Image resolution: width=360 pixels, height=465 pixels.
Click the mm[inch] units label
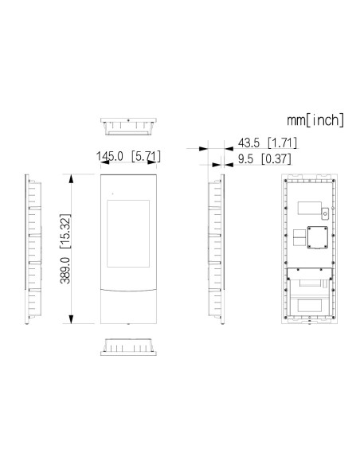tap(315, 120)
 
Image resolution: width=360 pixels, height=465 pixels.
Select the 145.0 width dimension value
tap(109, 156)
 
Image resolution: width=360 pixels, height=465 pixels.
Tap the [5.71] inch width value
tap(146, 156)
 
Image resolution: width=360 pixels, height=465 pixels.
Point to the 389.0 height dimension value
tap(65, 270)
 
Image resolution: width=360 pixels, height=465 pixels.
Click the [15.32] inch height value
tap(65, 231)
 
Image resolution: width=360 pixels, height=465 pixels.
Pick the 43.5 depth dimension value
tap(248, 143)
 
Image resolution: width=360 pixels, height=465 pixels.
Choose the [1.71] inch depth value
tap(282, 143)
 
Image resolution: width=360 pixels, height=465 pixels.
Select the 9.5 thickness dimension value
tap(245, 159)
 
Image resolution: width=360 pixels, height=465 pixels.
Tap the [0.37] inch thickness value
tap(276, 159)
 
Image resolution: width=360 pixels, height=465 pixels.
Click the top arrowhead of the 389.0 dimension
tap(71, 179)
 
